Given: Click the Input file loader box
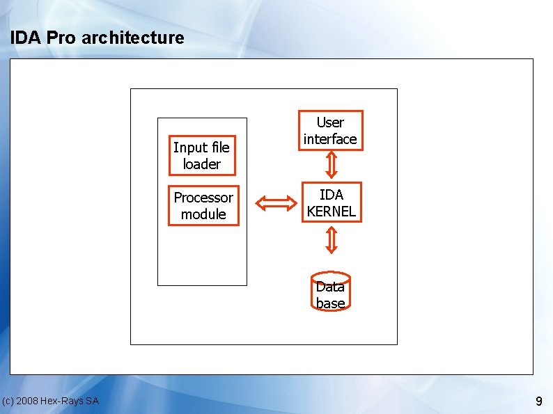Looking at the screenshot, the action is (x=201, y=155).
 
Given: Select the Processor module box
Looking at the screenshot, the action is (x=203, y=205).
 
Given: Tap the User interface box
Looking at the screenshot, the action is (x=330, y=130).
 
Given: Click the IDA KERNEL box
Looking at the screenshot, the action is (x=331, y=202).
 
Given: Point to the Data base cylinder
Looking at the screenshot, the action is (x=330, y=292).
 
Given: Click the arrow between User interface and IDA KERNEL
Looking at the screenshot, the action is (x=332, y=165).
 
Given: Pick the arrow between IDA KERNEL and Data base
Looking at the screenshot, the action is (x=332, y=240).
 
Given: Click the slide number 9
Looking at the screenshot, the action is (x=538, y=401).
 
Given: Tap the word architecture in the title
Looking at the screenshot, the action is (x=132, y=38).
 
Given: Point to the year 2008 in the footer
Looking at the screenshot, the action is (x=28, y=401).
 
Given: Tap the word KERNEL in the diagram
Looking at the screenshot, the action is (x=331, y=211).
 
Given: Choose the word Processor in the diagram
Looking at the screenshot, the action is (x=203, y=197).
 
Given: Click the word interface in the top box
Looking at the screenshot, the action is (x=330, y=139).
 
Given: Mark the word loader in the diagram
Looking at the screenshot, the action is (x=201, y=164).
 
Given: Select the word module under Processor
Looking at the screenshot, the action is (x=203, y=214).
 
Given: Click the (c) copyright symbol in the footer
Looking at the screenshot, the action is (x=8, y=401).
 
